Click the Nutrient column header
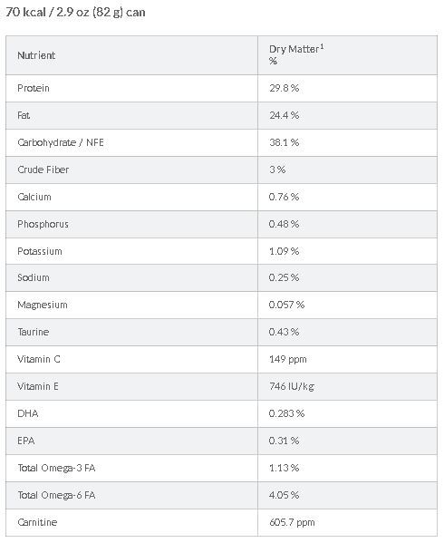[36, 55]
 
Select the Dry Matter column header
[296, 54]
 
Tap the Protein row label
[34, 88]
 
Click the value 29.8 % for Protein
[284, 88]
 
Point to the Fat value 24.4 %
[284, 115]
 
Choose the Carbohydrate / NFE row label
[61, 142]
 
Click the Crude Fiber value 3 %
[277, 170]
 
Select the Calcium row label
[34, 197]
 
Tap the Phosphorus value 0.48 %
[284, 224]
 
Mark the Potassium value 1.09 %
[284, 251]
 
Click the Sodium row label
[34, 277]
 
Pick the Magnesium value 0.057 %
[286, 305]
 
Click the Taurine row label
[34, 332]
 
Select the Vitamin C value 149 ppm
[288, 359]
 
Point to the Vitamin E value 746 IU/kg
[292, 386]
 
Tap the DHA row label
[28, 413]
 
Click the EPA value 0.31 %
[284, 441]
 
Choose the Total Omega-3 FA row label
[56, 468]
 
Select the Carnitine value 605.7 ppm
[292, 522]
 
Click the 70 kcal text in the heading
[25, 13]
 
